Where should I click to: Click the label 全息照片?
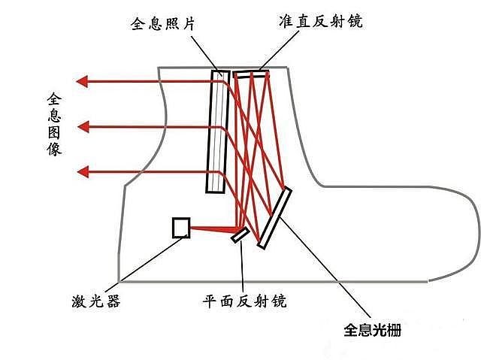(162, 23)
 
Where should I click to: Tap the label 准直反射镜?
(321, 21)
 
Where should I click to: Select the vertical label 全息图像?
(54, 123)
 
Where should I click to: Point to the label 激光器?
(96, 301)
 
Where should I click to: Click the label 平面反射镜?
(244, 301)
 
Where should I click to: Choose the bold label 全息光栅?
(372, 330)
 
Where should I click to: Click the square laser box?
(181, 228)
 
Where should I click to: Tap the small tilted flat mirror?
(240, 234)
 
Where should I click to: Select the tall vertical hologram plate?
(217, 132)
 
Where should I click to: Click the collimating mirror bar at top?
(251, 74)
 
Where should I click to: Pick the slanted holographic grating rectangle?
(274, 217)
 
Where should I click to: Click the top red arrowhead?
(82, 82)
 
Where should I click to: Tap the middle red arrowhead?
(83, 127)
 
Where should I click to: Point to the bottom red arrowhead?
(83, 172)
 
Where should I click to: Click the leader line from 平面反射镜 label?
(242, 266)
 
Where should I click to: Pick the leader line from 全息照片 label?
(204, 54)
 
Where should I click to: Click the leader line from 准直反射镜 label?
(279, 51)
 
